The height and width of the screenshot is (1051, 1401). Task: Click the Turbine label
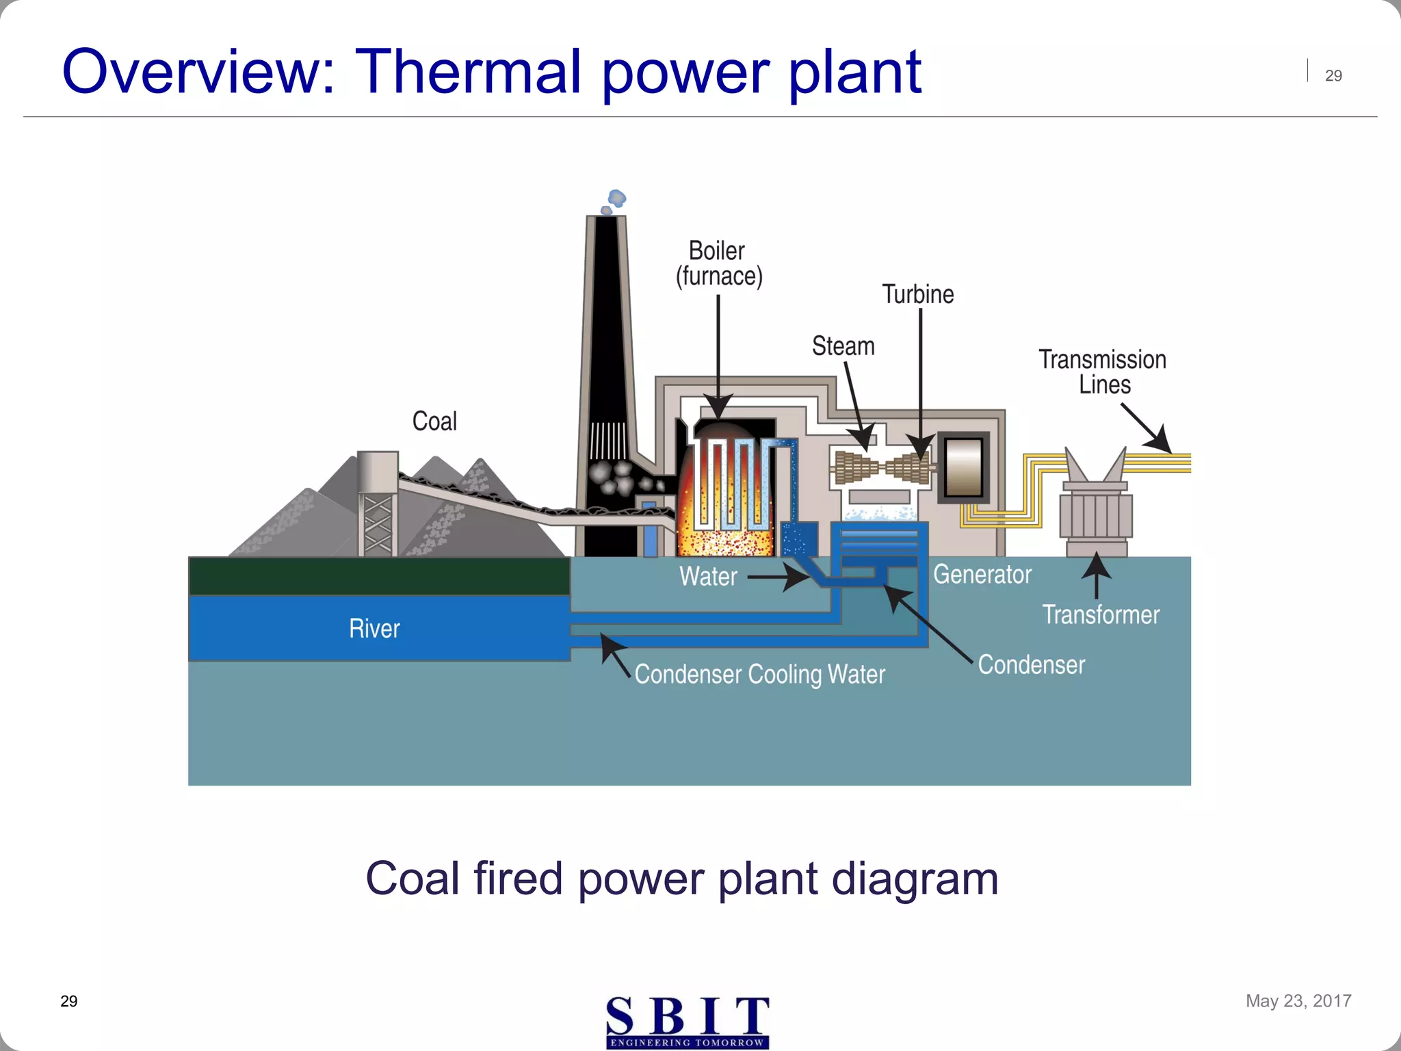[x=917, y=294]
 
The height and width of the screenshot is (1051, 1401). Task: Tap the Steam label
[x=843, y=346]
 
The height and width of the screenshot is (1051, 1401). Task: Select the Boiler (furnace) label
[x=718, y=264]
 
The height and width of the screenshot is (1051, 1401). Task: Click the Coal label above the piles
[x=434, y=421]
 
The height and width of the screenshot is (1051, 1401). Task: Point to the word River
[x=374, y=629]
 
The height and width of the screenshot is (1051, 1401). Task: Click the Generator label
[x=982, y=575]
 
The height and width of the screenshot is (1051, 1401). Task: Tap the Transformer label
[x=1100, y=614]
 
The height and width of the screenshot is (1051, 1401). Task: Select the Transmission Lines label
[x=1102, y=372]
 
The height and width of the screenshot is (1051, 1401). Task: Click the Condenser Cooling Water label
[x=759, y=675]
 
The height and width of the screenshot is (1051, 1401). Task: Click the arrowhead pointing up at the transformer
[x=1097, y=565]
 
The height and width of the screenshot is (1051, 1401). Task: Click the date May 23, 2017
[x=1298, y=1001]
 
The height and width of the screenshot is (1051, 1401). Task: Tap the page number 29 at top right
[x=1333, y=76]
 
